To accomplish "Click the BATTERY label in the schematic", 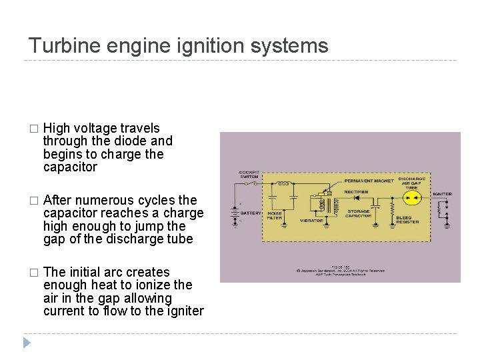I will point(251,213).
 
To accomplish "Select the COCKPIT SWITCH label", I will point(249,175).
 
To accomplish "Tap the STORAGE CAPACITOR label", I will point(359,215).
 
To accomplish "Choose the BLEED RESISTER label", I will point(407,219).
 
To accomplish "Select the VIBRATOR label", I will point(312,219).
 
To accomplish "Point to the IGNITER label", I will point(441,194).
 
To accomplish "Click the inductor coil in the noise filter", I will point(284,183).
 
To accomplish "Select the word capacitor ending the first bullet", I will point(70,167).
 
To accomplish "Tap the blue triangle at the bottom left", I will point(26,343).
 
